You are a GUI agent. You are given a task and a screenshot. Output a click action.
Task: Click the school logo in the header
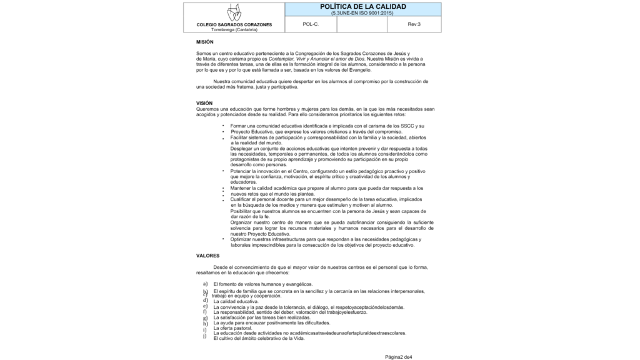pos(234,12)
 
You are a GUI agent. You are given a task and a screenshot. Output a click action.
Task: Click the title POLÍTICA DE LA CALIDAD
pos(362,6)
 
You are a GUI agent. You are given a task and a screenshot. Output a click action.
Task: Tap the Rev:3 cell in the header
pos(414,24)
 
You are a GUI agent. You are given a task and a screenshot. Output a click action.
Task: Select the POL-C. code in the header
pos(311,24)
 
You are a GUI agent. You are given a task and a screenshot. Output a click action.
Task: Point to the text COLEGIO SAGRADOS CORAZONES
pos(234,25)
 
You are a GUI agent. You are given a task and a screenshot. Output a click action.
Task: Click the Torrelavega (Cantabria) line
pos(234,29)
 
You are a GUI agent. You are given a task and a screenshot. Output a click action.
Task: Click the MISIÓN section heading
pos(204,42)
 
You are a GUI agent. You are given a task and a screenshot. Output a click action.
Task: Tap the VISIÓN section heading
pos(204,103)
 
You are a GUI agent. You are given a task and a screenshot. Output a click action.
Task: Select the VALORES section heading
pos(207,256)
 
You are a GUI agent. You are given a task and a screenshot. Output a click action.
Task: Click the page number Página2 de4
pos(399,356)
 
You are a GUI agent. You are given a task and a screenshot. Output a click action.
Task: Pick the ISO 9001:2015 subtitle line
pos(362,12)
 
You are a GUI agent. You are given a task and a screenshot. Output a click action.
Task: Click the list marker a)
pos(205,284)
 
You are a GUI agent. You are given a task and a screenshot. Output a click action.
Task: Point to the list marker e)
pos(205,306)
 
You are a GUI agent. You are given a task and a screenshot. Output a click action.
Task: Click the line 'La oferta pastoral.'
pos(232,328)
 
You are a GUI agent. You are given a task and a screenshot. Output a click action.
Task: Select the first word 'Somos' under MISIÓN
pos(204,54)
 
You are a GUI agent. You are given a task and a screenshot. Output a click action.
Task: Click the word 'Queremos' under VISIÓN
pos(207,109)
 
